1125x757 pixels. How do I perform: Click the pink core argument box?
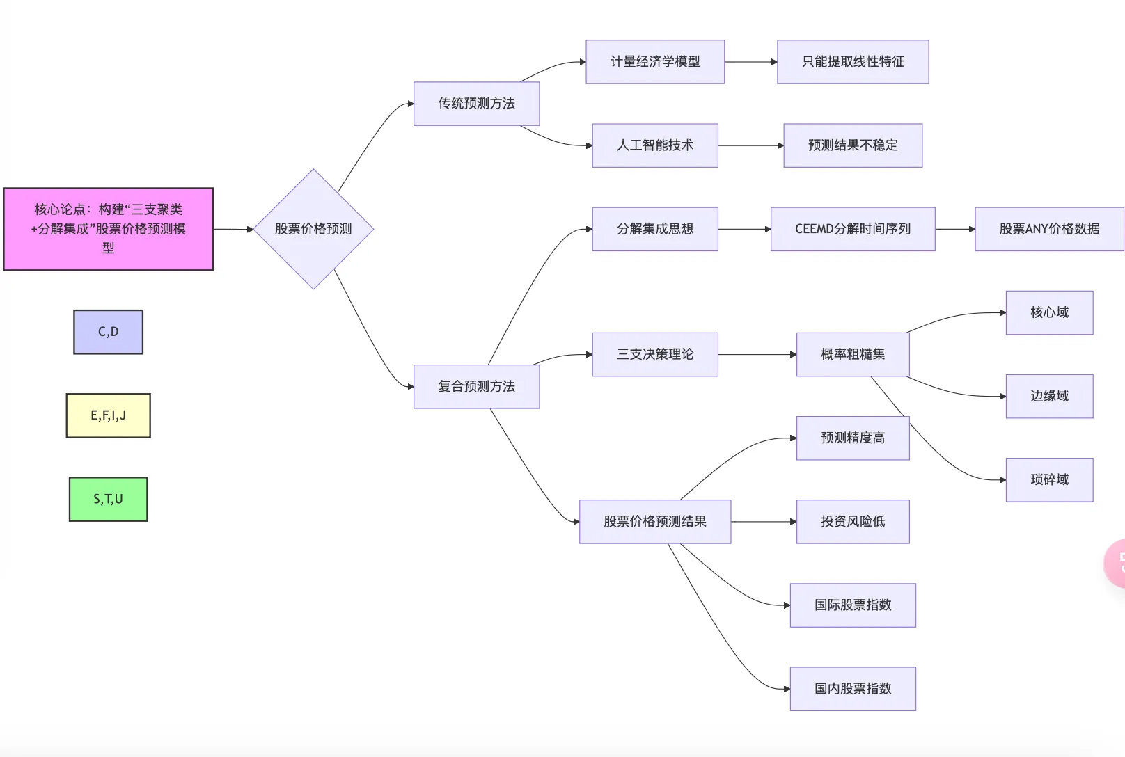tap(108, 229)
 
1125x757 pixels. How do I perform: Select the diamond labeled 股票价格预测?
tap(313, 229)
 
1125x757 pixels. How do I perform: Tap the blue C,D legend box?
tap(108, 332)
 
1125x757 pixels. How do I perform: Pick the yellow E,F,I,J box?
tap(108, 415)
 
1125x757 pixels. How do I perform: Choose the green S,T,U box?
tap(108, 499)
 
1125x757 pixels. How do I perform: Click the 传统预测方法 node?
tap(476, 104)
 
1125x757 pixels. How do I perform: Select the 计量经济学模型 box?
tap(655, 62)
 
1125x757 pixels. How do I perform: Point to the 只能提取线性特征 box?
tap(853, 62)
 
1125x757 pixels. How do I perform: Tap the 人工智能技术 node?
tap(655, 145)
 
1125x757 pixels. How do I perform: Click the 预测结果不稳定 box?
tap(853, 145)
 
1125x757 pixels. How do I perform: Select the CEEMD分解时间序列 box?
tap(853, 229)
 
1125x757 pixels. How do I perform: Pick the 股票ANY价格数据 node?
tap(1049, 229)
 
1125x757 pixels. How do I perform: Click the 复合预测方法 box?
tap(476, 386)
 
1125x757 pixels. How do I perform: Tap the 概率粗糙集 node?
tap(853, 354)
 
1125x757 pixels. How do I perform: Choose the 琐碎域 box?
tap(1049, 479)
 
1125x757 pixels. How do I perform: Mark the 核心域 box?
tap(1049, 312)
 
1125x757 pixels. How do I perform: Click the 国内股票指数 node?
tap(853, 689)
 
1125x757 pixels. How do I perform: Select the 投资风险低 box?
tap(853, 521)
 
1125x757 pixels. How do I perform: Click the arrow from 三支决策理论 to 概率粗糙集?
tap(757, 355)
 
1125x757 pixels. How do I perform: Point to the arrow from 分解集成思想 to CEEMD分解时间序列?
tap(744, 229)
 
